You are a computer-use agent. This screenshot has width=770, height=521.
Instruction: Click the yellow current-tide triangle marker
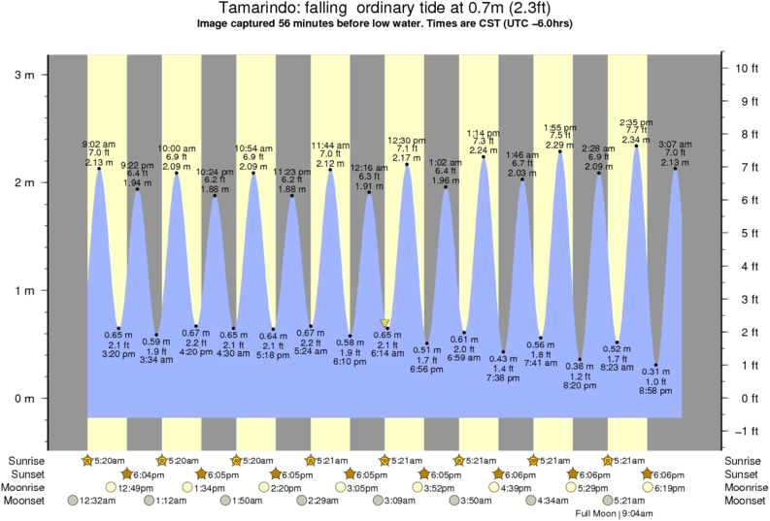pos(385,323)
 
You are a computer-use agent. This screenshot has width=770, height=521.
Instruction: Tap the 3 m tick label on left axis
pos(26,74)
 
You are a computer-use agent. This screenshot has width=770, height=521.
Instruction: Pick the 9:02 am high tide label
pos(97,145)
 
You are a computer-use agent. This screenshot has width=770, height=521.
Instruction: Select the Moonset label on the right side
pos(744,501)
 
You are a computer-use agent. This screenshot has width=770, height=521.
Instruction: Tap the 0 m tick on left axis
pos(26,399)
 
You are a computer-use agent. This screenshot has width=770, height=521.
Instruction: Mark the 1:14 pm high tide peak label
pos(483,133)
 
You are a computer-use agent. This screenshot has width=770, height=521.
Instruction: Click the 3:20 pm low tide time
pos(117,354)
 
